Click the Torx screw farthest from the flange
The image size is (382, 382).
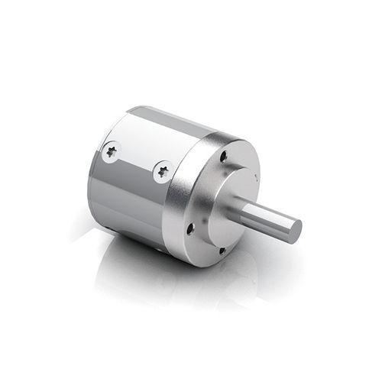(112, 151)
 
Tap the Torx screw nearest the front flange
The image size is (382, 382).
(162, 171)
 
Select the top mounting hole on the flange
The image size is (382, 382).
(223, 157)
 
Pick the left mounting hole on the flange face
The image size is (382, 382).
(189, 227)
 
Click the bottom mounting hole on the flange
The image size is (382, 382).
(222, 250)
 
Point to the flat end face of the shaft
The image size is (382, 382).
(291, 229)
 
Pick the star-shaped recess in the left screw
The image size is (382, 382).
(112, 151)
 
